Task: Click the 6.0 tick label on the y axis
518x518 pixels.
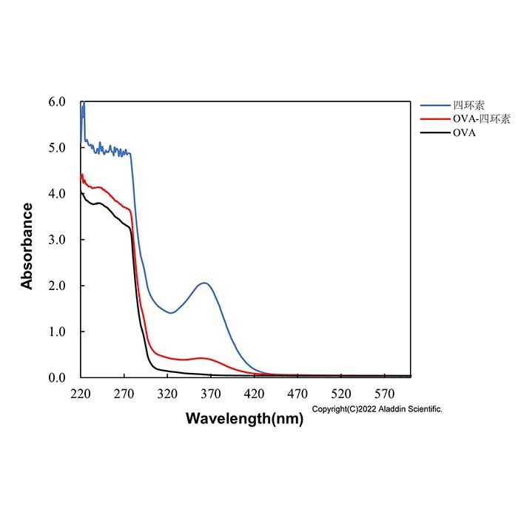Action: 57,102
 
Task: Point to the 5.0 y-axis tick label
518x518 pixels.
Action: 57,148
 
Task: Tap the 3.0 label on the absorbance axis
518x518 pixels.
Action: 57,240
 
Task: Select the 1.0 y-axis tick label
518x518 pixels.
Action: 57,332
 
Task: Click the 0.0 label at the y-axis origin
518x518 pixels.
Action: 57,377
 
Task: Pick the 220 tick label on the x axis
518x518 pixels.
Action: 81,394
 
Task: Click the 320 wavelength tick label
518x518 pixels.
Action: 167,394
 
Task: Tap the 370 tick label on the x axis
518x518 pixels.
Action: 211,394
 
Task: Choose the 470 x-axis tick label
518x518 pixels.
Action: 297,394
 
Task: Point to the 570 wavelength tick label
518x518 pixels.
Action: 385,394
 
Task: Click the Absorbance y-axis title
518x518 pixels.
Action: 27,246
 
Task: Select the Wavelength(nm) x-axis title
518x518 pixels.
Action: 244,419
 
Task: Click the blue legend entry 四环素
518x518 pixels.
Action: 468,105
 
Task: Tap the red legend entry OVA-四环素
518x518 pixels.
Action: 482,118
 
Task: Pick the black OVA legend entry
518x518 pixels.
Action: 464,132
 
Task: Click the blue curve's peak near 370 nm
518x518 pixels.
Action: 205,283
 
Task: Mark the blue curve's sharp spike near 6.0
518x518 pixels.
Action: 84,102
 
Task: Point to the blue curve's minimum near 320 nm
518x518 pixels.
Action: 171,312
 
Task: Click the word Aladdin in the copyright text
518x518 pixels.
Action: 392,409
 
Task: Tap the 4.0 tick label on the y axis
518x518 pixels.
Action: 57,194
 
